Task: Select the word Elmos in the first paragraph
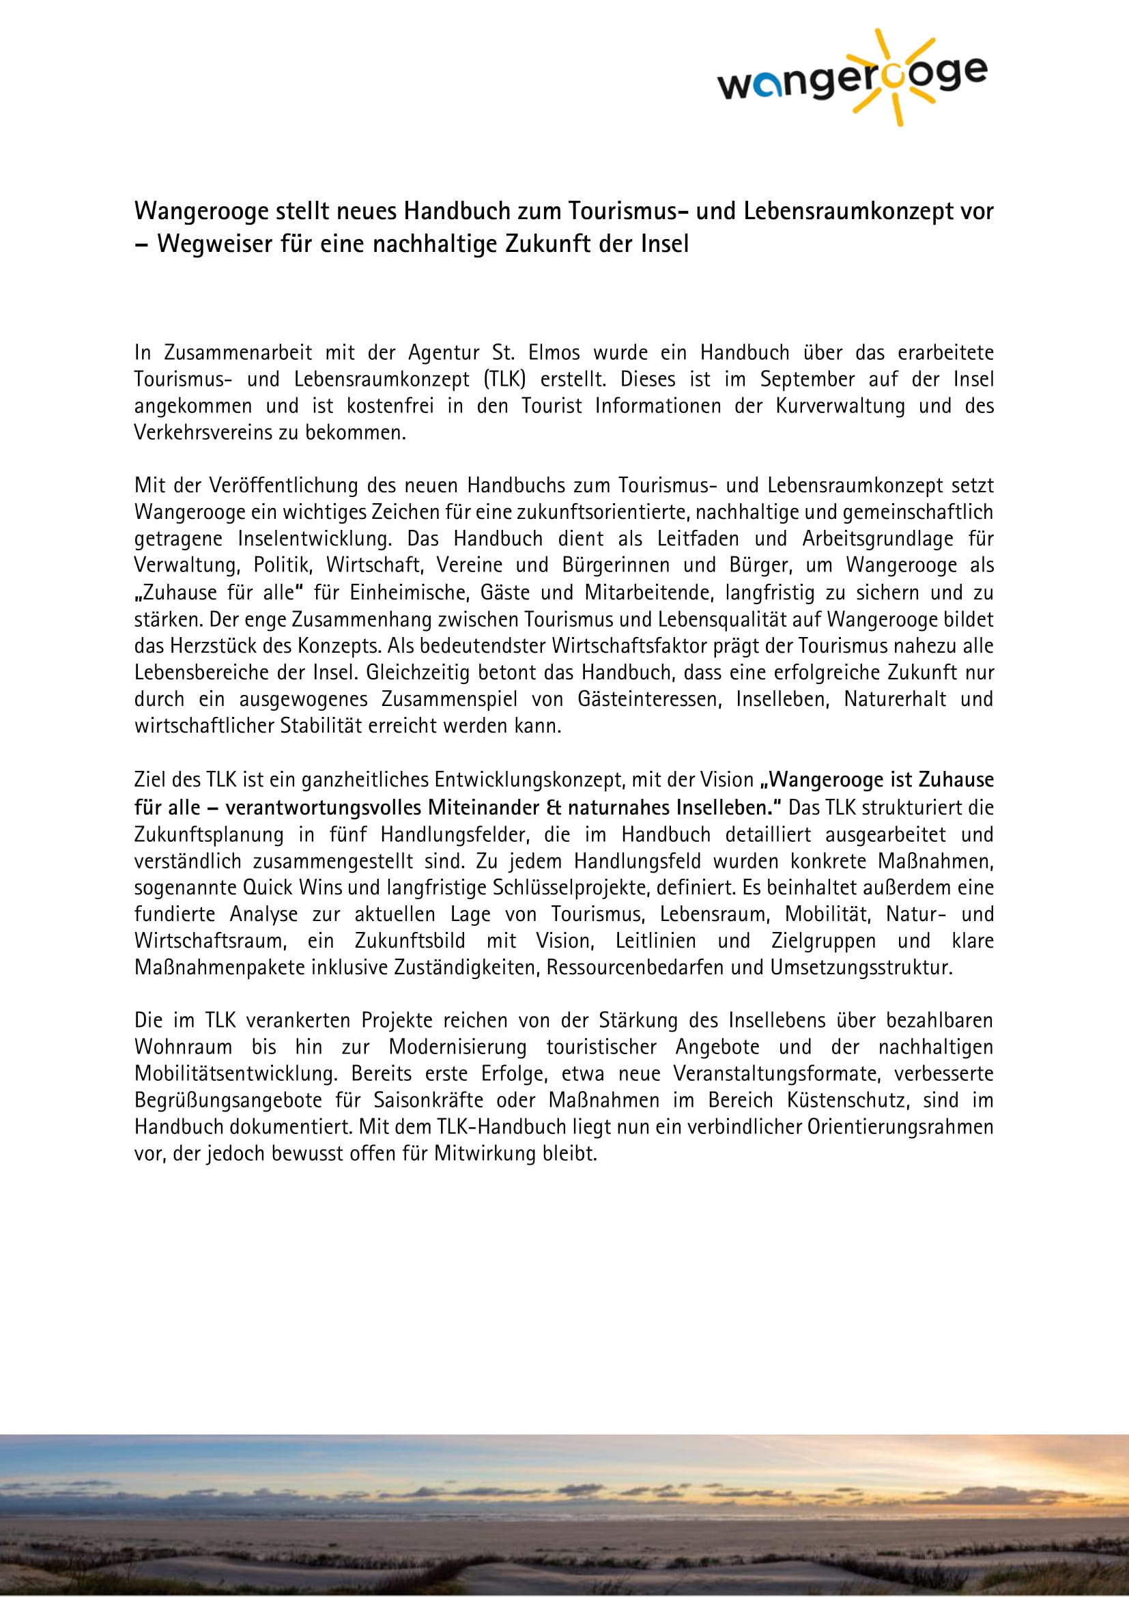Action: (554, 352)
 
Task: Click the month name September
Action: (807, 379)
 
